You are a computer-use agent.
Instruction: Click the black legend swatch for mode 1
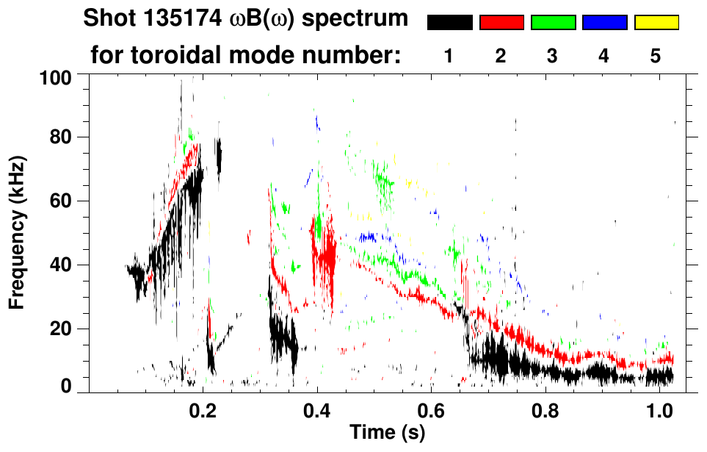click(x=449, y=23)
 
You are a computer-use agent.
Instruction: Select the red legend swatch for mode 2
click(x=501, y=23)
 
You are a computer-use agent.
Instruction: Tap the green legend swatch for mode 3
click(x=553, y=23)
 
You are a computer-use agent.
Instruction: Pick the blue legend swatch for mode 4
click(x=604, y=23)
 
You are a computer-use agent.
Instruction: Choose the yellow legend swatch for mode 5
click(x=656, y=23)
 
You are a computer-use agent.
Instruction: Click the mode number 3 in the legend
click(x=552, y=56)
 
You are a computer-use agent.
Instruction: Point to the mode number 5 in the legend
click(x=656, y=56)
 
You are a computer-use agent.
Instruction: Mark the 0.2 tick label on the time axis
click(x=203, y=412)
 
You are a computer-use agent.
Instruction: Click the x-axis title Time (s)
click(x=386, y=434)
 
